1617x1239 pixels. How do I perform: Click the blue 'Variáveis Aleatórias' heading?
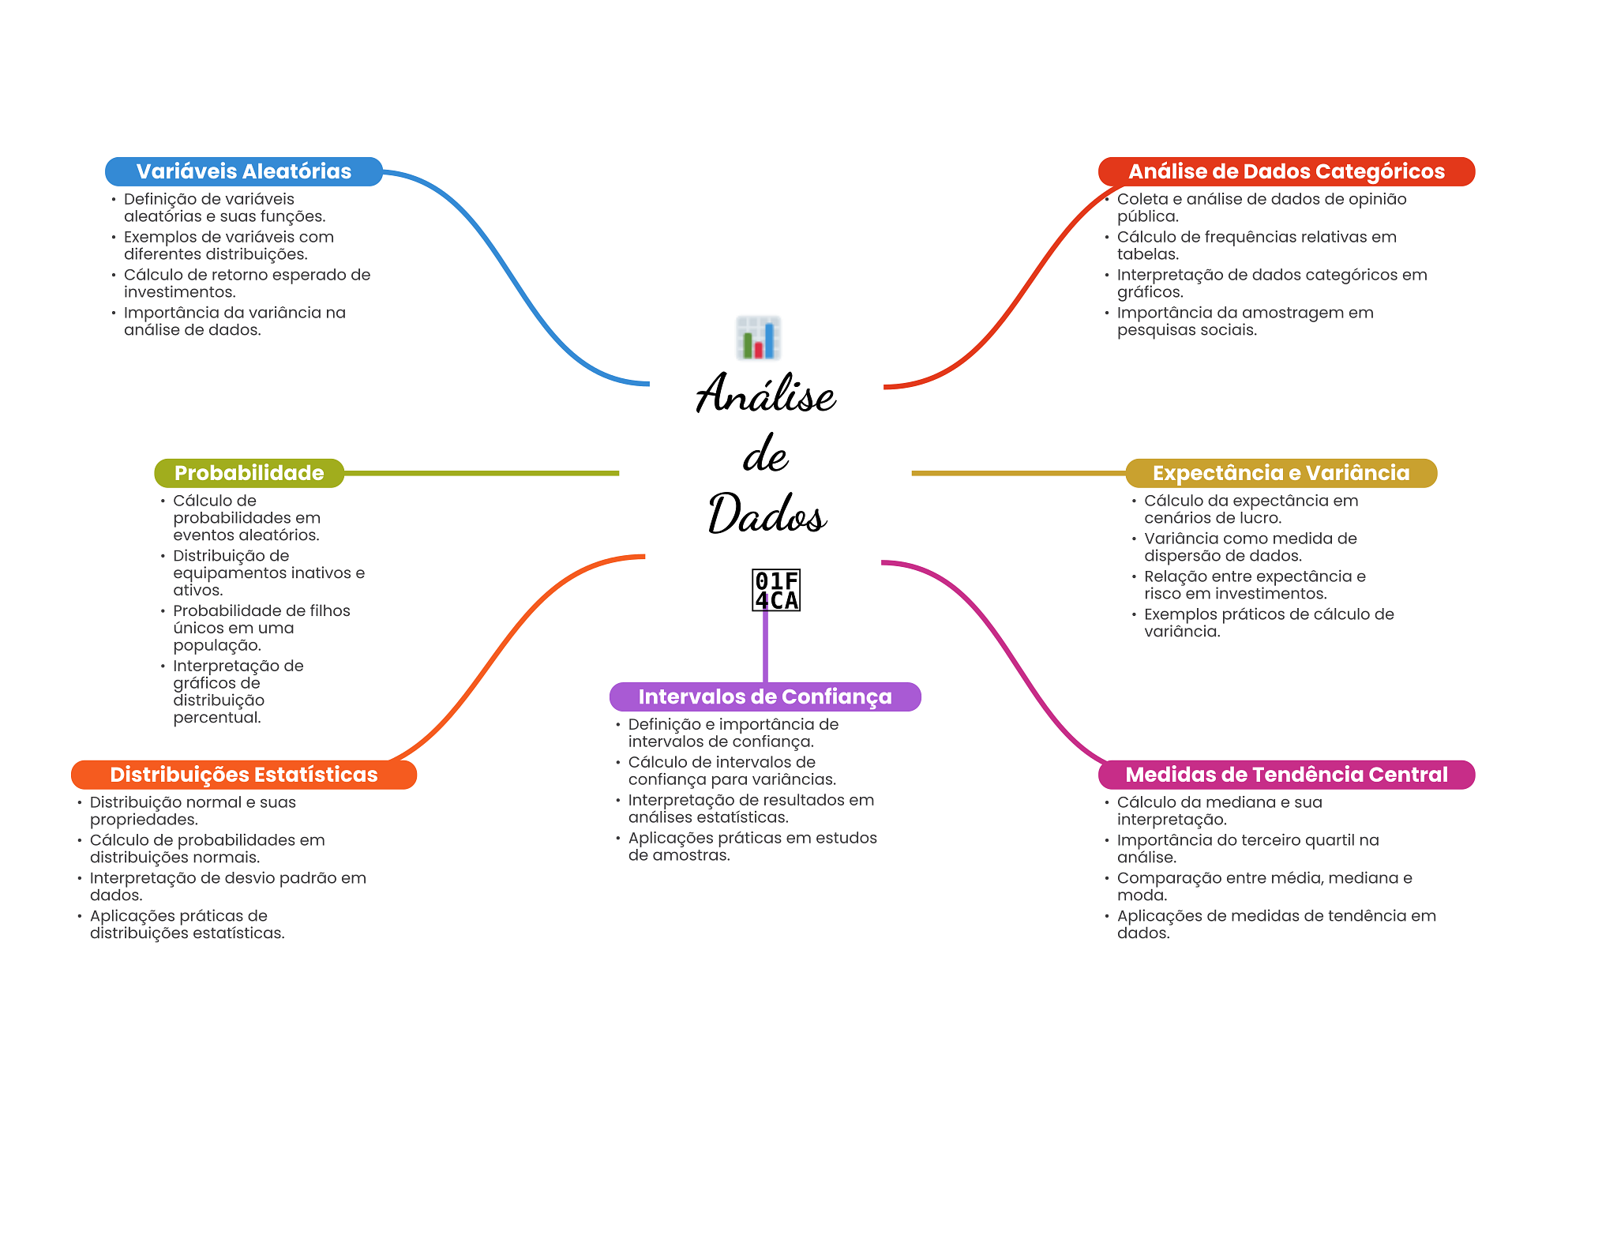coord(243,171)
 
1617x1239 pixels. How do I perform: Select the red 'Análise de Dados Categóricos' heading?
coord(1285,171)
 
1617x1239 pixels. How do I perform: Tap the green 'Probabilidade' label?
coord(249,473)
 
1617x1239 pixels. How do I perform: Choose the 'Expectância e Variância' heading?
coord(1280,473)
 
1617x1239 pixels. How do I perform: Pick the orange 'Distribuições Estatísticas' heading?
coord(243,775)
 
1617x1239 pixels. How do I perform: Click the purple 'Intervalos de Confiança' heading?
coord(764,696)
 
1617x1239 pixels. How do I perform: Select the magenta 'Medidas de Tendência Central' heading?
coord(1285,775)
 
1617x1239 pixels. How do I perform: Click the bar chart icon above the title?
coord(758,338)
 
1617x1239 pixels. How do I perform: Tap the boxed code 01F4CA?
coord(776,590)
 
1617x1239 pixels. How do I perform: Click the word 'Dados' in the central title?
coord(767,514)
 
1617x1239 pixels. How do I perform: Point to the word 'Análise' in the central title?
coord(766,393)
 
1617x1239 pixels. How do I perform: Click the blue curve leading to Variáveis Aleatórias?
coord(505,268)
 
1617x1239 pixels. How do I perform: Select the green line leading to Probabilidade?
coord(482,473)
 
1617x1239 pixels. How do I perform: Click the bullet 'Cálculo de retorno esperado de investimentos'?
coord(246,283)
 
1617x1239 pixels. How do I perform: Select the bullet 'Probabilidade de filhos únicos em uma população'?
coord(261,628)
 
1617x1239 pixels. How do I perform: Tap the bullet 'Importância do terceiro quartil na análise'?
coord(1247,849)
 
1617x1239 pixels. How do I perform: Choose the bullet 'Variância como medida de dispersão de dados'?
coord(1250,547)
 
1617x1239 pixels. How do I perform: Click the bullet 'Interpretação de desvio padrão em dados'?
coord(227,887)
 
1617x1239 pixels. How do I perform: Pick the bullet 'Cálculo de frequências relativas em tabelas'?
coord(1256,246)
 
